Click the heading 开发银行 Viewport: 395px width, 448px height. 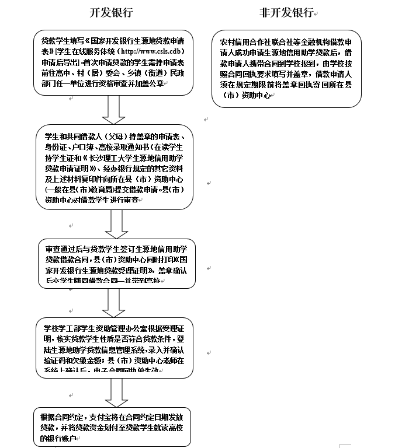pos(111,13)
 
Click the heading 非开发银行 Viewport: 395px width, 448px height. pos(286,13)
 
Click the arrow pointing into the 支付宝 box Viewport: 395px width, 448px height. pos(115,393)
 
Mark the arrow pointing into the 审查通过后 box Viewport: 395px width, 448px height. pos(115,223)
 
